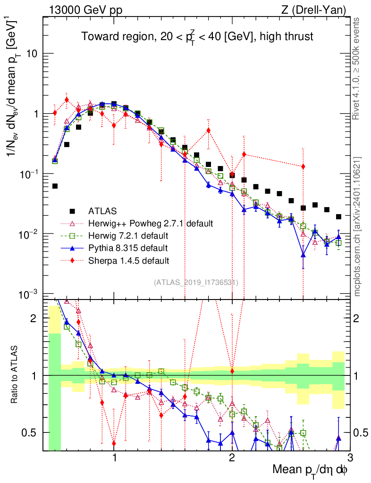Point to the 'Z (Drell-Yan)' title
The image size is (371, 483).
pos(319,9)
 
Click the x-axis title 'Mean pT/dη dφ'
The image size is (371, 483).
pos(311,470)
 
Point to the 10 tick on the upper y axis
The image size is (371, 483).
pos(32,54)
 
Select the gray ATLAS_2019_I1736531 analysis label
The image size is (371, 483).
pos(195,283)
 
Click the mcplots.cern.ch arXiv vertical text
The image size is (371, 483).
pos(358,226)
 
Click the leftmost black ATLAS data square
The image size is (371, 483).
pos(55,186)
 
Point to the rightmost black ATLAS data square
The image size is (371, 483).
pos(338,217)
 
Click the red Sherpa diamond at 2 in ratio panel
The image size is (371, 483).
pos(232,371)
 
